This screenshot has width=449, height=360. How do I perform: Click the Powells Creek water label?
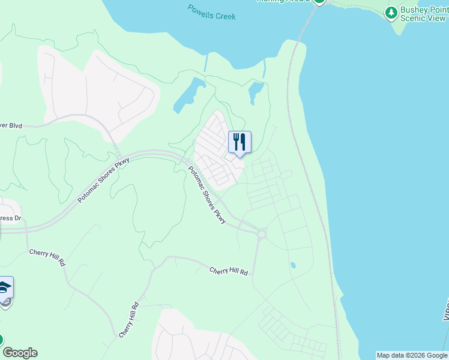tap(211, 12)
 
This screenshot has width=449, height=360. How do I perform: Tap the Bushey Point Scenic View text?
tap(424, 13)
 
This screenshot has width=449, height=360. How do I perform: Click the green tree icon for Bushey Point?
tap(391, 12)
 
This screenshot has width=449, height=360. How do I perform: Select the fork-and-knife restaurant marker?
tap(240, 142)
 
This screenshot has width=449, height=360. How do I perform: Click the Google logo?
tap(20, 353)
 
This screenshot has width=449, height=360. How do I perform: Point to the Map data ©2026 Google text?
tap(412, 355)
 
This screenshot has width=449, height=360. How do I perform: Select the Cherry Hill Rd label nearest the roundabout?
tap(229, 271)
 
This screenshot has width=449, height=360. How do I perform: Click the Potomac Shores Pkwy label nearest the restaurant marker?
tap(206, 195)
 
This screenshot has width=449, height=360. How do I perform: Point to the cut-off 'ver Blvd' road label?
tap(11, 125)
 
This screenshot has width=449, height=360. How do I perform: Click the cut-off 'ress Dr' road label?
tap(10, 218)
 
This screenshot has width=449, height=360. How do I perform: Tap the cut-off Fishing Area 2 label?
tap(282, 1)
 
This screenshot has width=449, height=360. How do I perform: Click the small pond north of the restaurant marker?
tap(256, 92)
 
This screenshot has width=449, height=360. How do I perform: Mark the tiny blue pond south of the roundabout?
tap(293, 265)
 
